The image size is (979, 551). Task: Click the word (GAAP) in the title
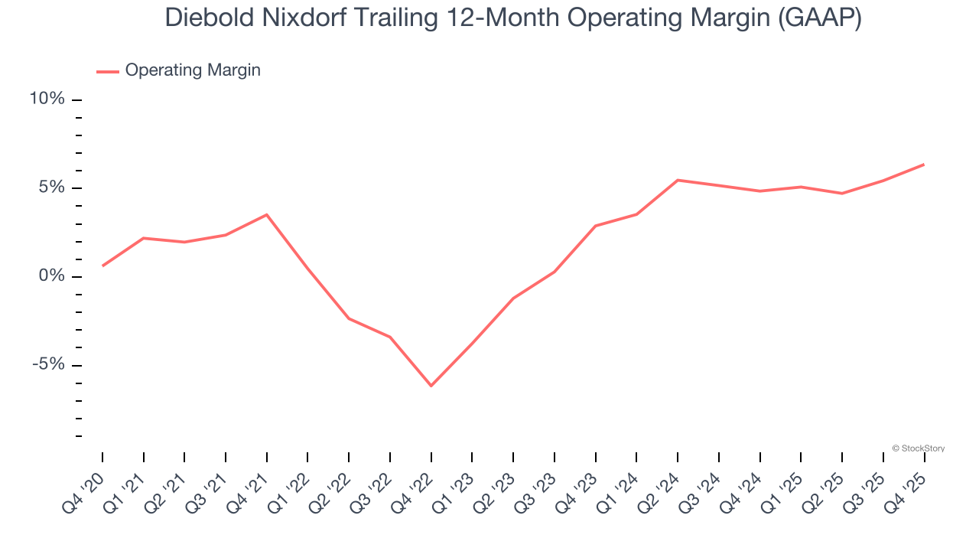pos(819,18)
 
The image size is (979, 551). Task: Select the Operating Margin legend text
pos(193,70)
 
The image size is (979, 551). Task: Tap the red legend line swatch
pos(107,71)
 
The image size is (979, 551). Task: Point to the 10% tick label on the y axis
pos(47,99)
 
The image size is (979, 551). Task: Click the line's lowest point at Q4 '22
pos(431,386)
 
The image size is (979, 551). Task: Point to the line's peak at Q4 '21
pos(267,214)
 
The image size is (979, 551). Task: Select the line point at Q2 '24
pos(678,180)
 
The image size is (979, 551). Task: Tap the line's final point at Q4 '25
pos(924,165)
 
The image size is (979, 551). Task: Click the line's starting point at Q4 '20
pos(102,266)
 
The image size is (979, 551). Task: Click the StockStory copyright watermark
pos(919,448)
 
